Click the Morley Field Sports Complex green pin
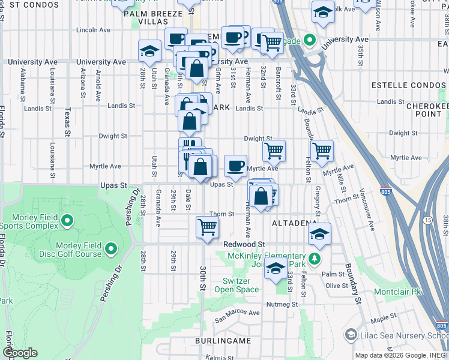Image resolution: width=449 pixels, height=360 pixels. click(x=67, y=220)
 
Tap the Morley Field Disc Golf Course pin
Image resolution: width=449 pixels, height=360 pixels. click(x=110, y=248)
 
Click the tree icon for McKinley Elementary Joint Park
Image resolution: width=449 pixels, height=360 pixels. click(x=313, y=259)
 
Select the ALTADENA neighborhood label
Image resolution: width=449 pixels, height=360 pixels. click(x=294, y=223)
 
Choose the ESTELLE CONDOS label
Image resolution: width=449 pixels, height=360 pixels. click(x=400, y=85)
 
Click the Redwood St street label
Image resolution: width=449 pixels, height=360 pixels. click(x=244, y=245)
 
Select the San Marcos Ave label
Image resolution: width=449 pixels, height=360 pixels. click(x=238, y=313)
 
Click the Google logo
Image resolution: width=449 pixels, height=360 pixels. click(x=20, y=353)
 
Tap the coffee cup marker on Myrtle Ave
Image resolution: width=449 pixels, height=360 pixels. click(x=235, y=166)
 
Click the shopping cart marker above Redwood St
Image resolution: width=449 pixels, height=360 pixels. click(x=207, y=227)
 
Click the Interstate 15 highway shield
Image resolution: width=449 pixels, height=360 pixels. click(x=427, y=220)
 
